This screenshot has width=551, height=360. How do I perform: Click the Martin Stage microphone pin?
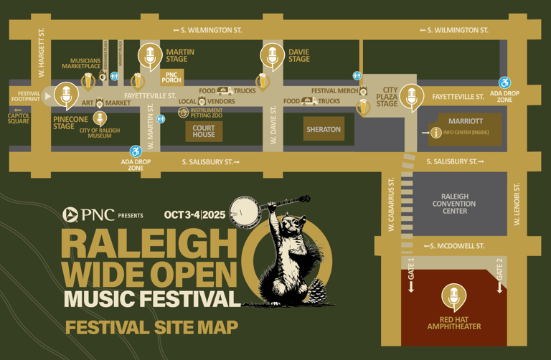click(149, 55)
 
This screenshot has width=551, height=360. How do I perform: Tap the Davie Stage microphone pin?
click(271, 55)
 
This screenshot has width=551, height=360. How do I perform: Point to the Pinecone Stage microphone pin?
click(67, 95)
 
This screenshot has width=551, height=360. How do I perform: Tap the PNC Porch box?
click(171, 77)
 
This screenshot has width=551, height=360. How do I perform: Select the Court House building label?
click(204, 131)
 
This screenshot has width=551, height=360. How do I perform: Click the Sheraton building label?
click(323, 130)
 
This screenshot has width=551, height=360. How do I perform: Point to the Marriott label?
click(465, 122)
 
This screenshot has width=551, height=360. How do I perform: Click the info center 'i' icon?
click(435, 133)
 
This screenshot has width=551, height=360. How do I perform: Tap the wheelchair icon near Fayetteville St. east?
click(505, 83)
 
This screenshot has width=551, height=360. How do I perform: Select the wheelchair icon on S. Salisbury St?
click(136, 151)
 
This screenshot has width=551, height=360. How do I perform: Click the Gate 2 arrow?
click(500, 286)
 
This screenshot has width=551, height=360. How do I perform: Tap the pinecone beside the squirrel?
click(316, 292)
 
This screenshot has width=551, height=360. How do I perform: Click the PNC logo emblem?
click(70, 214)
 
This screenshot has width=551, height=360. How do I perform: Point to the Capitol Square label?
click(19, 117)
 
